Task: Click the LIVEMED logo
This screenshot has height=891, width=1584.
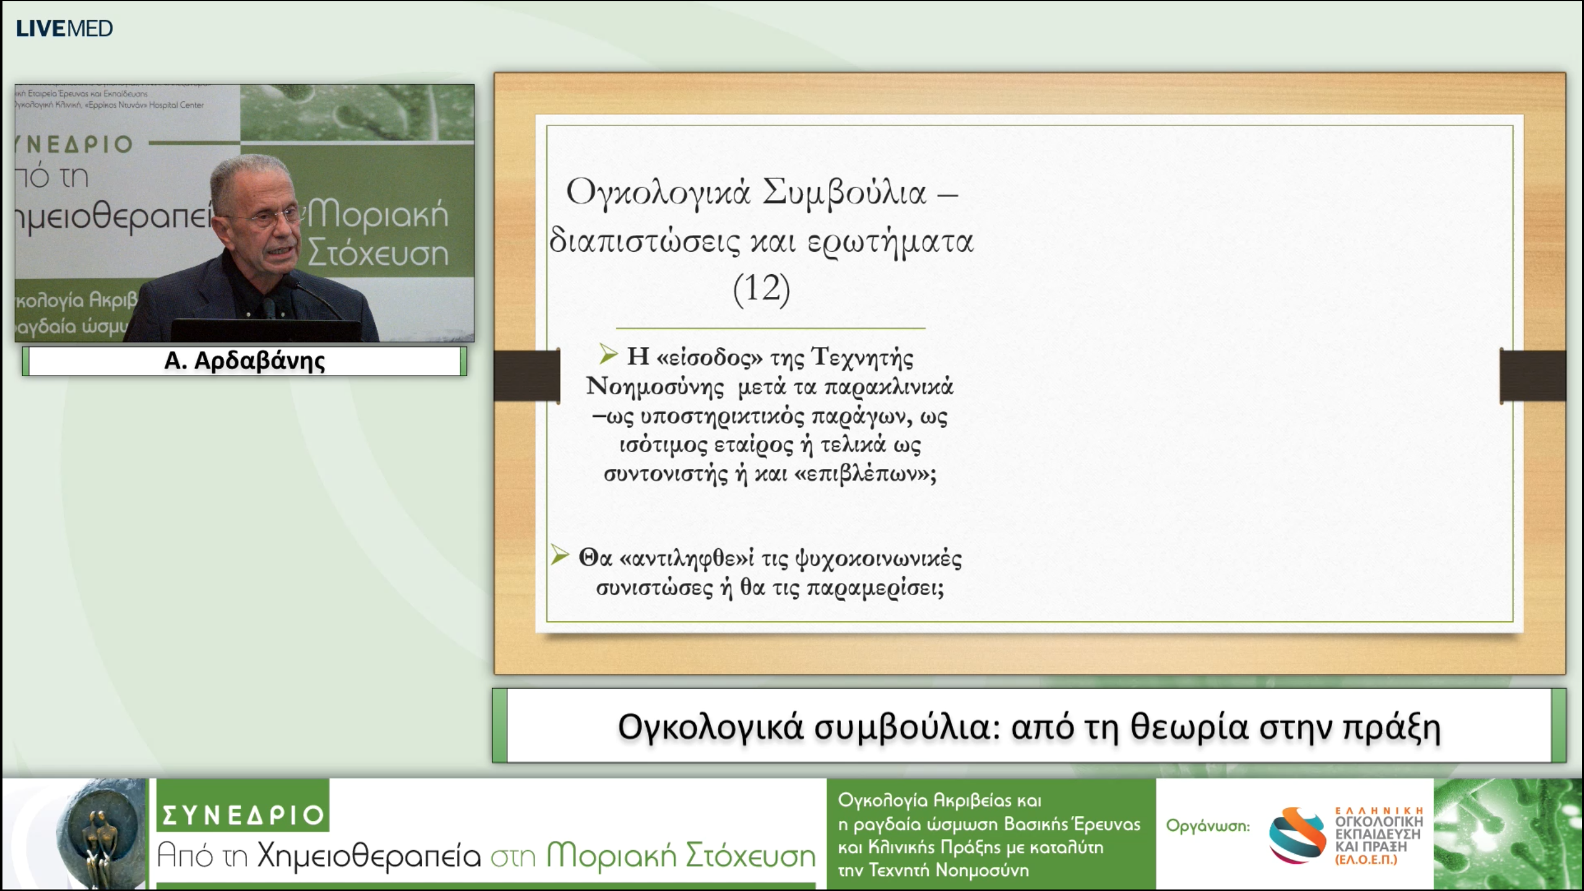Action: pos(64,28)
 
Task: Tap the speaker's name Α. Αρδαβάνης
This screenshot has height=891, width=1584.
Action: pos(244,361)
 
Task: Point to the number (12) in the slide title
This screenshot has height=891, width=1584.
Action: pos(761,288)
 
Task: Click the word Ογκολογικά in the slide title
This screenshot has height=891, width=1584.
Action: pos(658,192)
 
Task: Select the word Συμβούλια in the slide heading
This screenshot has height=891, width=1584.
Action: pos(844,192)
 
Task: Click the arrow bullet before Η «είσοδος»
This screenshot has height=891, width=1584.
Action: pos(608,355)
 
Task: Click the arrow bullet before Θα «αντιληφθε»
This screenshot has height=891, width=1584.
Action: pos(560,555)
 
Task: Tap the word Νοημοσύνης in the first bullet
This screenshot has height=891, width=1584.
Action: pos(655,387)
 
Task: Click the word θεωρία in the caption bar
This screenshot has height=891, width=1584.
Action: pos(1189,726)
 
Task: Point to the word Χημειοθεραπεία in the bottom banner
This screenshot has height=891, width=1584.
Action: pos(369,856)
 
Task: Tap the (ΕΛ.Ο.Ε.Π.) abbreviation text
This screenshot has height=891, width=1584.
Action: pos(1366,860)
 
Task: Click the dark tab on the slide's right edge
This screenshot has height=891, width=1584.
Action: pos(1532,376)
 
